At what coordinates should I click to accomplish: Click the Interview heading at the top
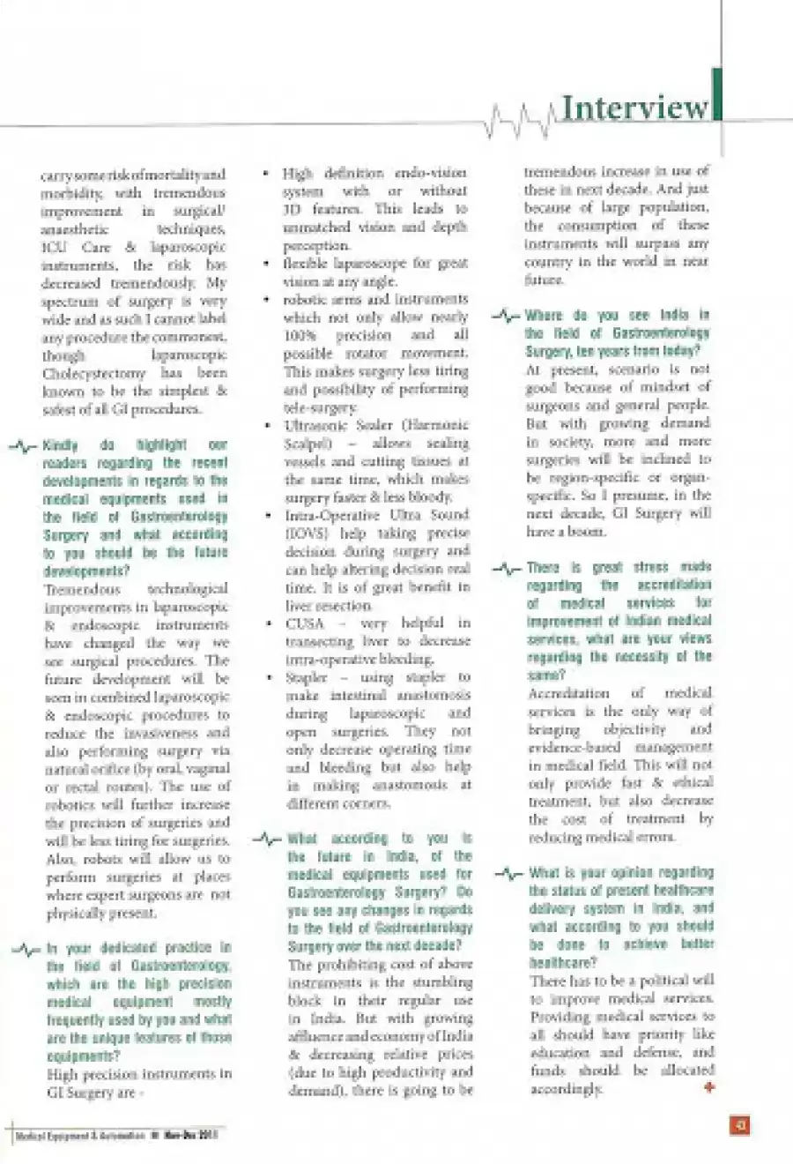(x=634, y=108)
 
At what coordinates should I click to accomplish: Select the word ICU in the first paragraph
(x=54, y=247)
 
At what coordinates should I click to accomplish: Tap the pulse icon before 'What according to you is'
(x=266, y=839)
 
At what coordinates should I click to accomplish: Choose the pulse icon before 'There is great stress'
(x=507, y=569)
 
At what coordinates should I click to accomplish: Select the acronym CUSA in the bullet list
(x=305, y=623)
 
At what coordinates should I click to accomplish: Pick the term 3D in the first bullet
(x=293, y=209)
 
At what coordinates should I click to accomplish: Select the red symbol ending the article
(x=709, y=1088)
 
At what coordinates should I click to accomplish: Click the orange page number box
(x=740, y=1124)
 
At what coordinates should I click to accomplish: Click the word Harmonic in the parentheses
(x=437, y=425)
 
